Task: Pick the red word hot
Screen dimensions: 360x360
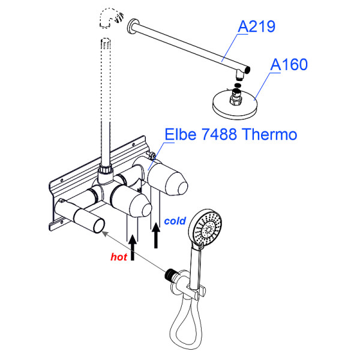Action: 119,256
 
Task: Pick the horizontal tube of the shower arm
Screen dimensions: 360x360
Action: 186,45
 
